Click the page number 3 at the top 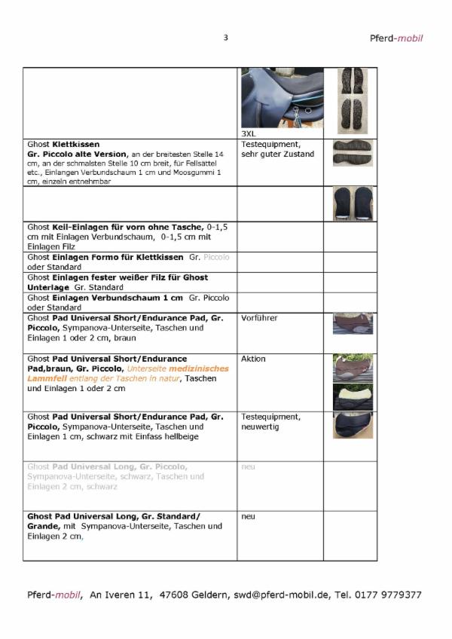225,38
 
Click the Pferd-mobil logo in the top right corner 395,38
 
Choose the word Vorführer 259,318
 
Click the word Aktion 253,359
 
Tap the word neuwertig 260,427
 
